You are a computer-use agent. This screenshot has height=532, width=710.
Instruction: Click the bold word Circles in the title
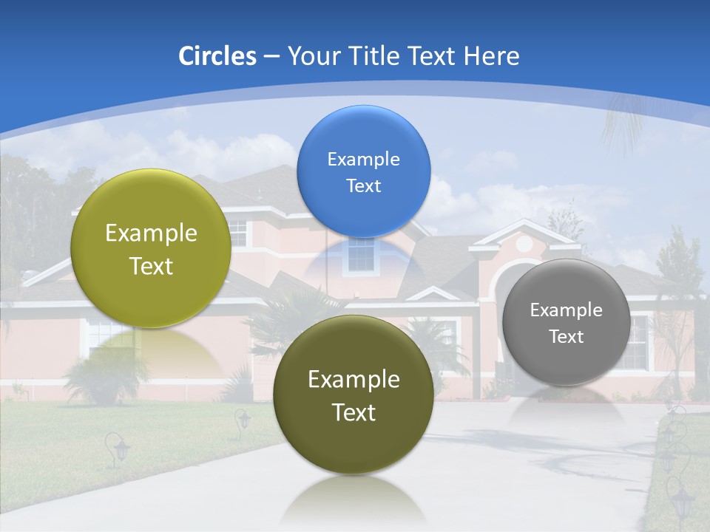[x=217, y=56]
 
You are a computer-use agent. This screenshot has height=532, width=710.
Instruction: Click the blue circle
[x=363, y=171]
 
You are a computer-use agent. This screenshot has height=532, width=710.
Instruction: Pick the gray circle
[x=566, y=322]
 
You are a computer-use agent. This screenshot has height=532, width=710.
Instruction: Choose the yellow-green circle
[x=151, y=248]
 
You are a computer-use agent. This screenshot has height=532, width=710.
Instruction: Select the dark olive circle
[x=354, y=395]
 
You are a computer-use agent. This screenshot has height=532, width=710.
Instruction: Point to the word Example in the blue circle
[x=363, y=160]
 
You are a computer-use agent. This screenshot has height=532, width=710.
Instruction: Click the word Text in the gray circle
[x=567, y=336]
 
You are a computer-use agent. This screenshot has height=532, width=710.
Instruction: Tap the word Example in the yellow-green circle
[x=151, y=233]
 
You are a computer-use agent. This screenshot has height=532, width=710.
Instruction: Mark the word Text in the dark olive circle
[x=354, y=412]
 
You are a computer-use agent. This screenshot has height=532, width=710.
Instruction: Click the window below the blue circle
[x=361, y=255]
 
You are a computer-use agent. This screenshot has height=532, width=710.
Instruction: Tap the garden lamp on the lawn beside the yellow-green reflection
[x=117, y=448]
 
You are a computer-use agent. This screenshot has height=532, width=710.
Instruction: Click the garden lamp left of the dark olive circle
[x=243, y=421]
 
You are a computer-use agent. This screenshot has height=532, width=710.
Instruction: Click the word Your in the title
[x=308, y=56]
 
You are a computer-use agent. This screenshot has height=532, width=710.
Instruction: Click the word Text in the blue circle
[x=363, y=185]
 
